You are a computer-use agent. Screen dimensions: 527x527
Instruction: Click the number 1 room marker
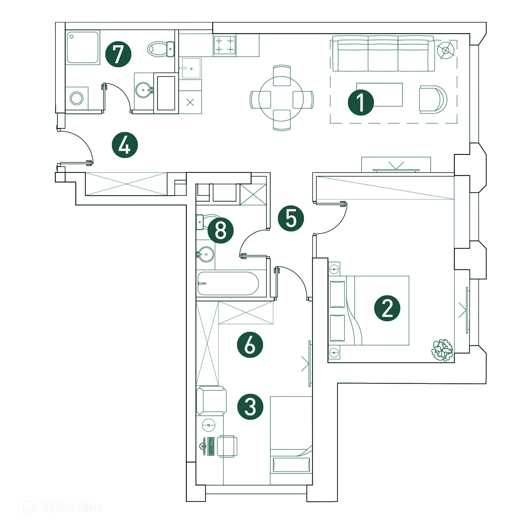pyautogui.click(x=361, y=103)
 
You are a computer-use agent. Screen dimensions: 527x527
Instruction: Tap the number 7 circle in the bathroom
pyautogui.click(x=118, y=54)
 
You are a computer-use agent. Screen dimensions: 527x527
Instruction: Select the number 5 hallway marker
pyautogui.click(x=291, y=218)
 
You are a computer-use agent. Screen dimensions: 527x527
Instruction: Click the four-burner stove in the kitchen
pyautogui.click(x=225, y=45)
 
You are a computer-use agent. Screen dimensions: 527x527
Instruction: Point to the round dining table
pyautogui.click(x=281, y=98)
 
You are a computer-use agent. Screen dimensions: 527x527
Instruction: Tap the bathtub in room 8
pyautogui.click(x=228, y=283)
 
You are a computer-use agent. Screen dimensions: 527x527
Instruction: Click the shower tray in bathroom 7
pyautogui.click(x=83, y=47)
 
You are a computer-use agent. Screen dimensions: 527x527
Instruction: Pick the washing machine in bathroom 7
pyautogui.click(x=77, y=98)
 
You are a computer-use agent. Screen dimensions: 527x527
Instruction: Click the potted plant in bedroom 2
pyautogui.click(x=442, y=350)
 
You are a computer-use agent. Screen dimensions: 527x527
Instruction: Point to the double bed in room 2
pyautogui.click(x=369, y=310)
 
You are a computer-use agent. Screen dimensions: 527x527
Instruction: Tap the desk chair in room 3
pyautogui.click(x=227, y=446)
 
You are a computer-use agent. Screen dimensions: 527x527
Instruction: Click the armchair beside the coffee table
pyautogui.click(x=433, y=99)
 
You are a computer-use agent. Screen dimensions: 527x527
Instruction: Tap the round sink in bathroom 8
pyautogui.click(x=206, y=254)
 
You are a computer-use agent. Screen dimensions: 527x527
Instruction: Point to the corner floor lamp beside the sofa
pyautogui.click(x=446, y=50)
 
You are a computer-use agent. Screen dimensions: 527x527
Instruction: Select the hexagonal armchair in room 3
pyautogui.click(x=211, y=401)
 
